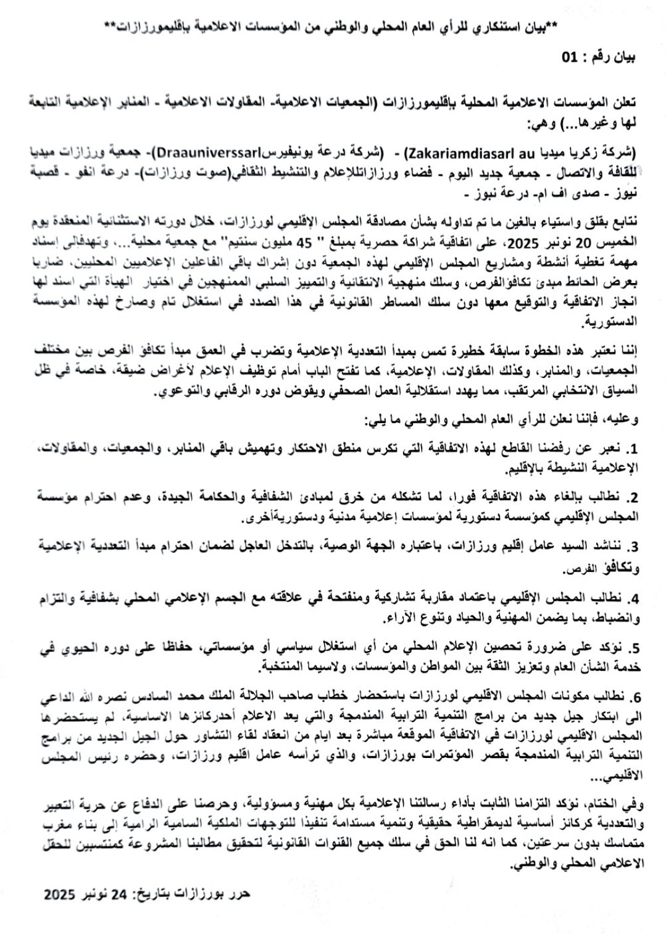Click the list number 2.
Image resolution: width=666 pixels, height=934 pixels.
632,497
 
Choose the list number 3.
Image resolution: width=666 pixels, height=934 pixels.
632,547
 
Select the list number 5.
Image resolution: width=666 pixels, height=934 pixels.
632,648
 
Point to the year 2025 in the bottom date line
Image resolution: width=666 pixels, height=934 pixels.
60,894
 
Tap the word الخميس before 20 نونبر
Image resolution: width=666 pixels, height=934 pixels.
622,239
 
